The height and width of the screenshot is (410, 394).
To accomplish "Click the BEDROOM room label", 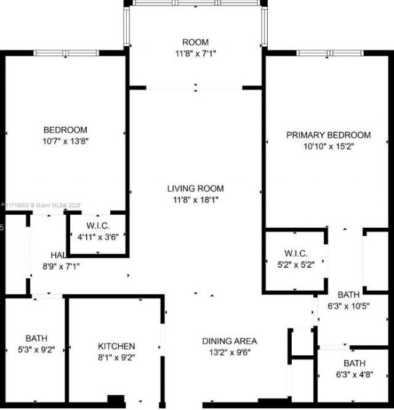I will click(65, 130).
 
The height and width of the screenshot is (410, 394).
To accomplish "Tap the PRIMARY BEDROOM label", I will click(329, 135).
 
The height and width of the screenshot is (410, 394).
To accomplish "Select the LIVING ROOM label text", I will click(196, 188).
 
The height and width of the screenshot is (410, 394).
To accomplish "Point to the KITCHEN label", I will click(116, 347).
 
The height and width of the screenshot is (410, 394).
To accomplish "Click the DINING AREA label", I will click(230, 341).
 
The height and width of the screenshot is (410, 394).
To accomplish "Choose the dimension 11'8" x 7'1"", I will click(196, 53).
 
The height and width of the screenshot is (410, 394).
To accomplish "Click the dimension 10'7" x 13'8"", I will click(65, 141).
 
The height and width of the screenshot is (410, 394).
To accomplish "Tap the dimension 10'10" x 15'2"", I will click(329, 147).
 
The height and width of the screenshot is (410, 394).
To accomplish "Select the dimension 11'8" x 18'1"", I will click(196, 199).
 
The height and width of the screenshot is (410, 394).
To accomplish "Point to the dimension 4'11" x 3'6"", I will click(97, 235).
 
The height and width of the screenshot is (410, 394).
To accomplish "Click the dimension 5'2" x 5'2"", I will click(295, 265).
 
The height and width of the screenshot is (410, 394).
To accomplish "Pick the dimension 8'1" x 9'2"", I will click(116, 358).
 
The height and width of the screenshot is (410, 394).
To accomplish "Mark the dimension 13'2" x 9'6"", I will click(230, 352).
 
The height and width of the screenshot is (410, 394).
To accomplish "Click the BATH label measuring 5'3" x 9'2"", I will click(36, 338).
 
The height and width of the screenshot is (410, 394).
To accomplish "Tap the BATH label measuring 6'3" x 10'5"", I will click(348, 295).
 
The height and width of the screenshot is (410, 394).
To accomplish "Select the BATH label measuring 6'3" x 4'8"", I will click(354, 363).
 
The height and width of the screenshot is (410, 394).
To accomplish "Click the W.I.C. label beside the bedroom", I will click(97, 225).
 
